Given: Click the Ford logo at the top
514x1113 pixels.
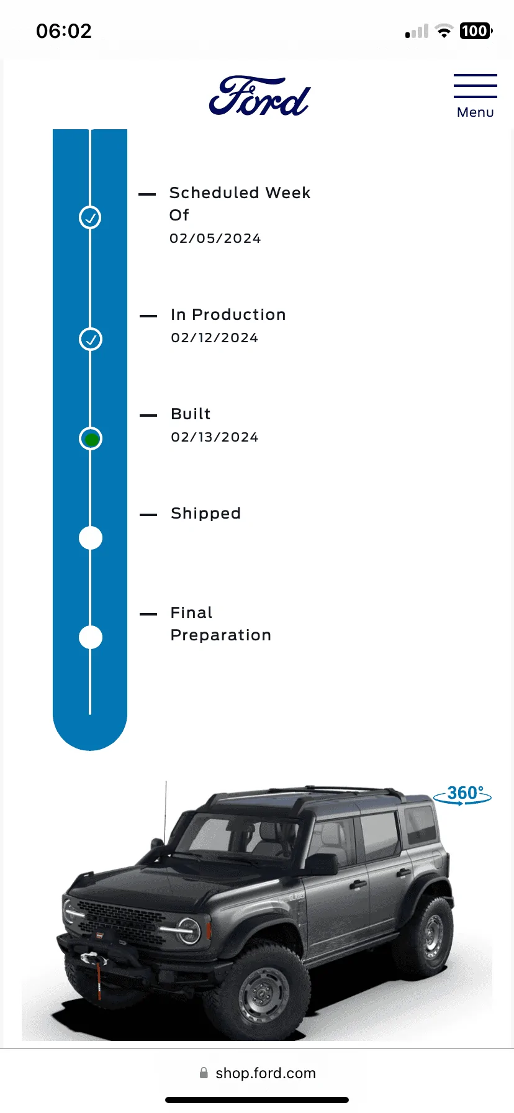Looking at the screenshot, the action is [x=259, y=96].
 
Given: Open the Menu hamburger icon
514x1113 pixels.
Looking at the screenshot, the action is [x=475, y=86].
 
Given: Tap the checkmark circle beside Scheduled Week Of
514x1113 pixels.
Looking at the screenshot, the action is [x=90, y=217].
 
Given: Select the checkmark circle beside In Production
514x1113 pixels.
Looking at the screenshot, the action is [x=91, y=339].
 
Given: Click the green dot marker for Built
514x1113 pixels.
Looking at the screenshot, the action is [x=91, y=439].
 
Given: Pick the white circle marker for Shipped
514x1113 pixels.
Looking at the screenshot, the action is [x=91, y=538].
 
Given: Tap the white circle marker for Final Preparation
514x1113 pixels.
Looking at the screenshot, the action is [x=91, y=637].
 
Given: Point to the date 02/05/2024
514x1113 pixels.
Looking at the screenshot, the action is [x=215, y=238].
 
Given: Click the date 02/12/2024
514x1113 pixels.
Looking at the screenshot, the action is [x=214, y=338].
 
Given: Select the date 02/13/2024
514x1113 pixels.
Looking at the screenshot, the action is [x=214, y=437].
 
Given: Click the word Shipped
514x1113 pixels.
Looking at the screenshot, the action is [x=205, y=514].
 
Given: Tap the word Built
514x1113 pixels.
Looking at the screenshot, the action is [x=191, y=414].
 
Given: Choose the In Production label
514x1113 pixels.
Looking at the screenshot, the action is [x=228, y=315].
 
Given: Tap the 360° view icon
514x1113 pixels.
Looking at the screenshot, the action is [x=462, y=794].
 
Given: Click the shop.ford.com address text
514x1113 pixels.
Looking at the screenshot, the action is [x=266, y=1073].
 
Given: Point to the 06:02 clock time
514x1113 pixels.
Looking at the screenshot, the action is [x=64, y=31].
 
